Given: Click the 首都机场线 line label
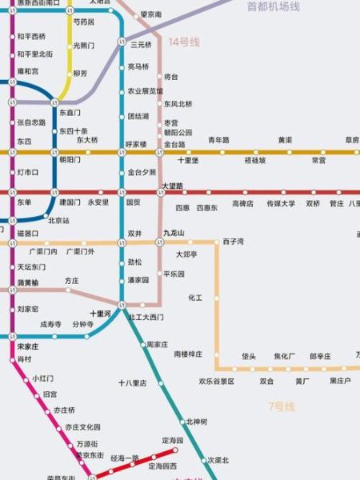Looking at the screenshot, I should point(273,6).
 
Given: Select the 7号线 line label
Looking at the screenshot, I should point(281,406).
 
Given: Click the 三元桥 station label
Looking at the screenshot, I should point(141,44).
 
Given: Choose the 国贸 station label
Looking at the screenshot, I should point(133,203).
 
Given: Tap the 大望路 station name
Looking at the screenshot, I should point(173,186).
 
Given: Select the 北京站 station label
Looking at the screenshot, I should point(58,220).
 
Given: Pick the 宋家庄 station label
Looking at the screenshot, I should point(30,346).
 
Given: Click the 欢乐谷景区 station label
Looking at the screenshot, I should point(216,382).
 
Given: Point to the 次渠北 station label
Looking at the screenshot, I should point(218,460).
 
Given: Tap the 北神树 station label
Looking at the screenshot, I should point(197,422).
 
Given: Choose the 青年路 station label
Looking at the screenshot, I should point(218,140).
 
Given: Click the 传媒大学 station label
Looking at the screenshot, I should point(281,203).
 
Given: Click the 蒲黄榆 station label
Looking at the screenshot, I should point(28,282).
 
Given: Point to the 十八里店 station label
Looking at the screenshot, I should point(133,383).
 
